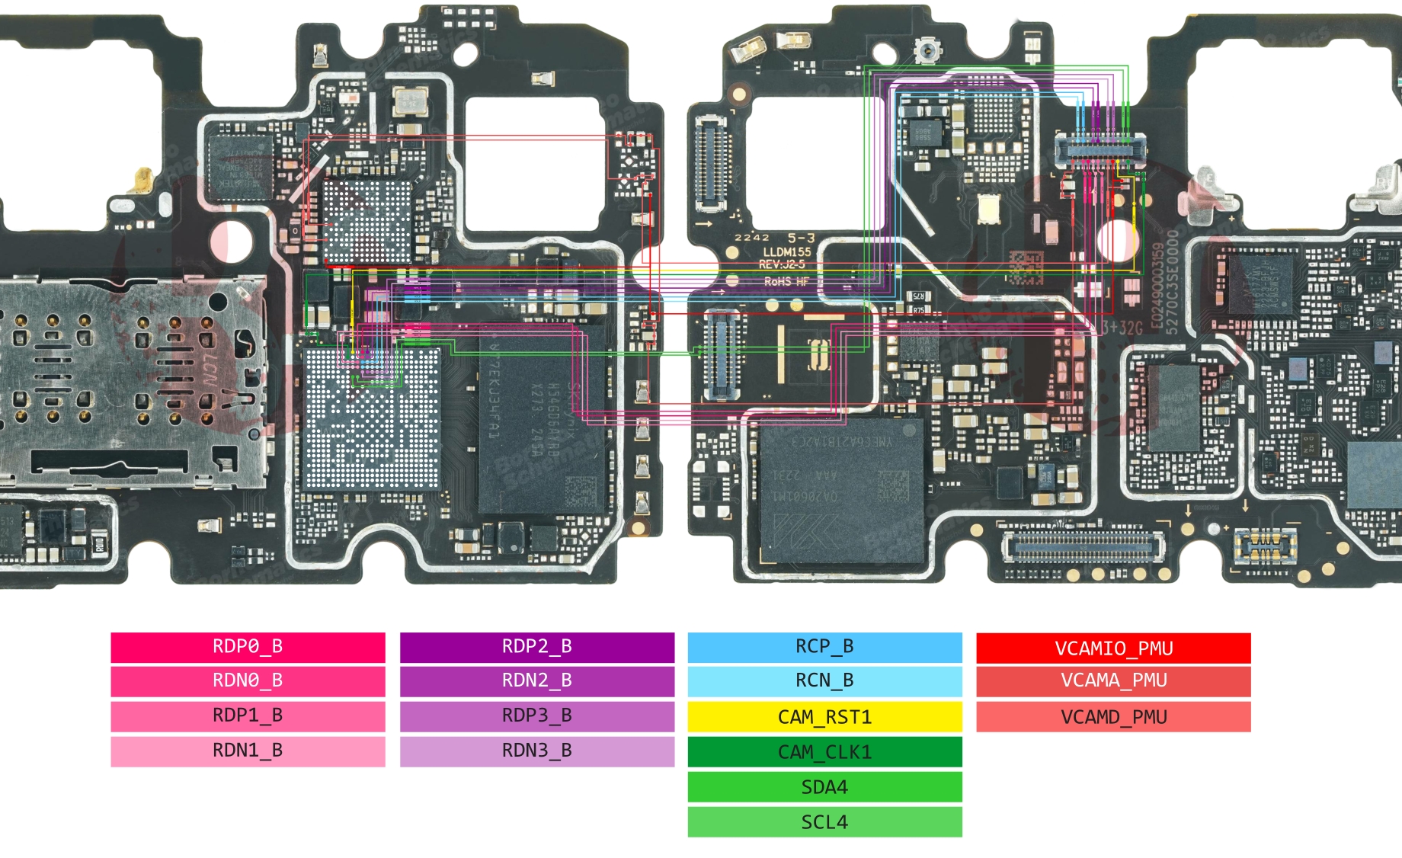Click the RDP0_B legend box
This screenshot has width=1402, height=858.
pyautogui.click(x=248, y=647)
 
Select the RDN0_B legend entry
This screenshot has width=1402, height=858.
pyautogui.click(x=248, y=680)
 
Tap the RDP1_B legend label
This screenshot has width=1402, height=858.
pyautogui.click(x=248, y=716)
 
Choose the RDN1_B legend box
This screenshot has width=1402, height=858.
pyautogui.click(x=248, y=751)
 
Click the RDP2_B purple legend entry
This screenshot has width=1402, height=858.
pyautogui.click(x=536, y=647)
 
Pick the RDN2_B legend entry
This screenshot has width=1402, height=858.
pyautogui.click(x=536, y=680)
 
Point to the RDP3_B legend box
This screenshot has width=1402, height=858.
pyautogui.click(x=536, y=716)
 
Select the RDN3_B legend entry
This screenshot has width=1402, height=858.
pyautogui.click(x=536, y=751)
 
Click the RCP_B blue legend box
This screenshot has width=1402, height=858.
pyautogui.click(x=824, y=647)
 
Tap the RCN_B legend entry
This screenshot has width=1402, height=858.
pyautogui.click(x=824, y=680)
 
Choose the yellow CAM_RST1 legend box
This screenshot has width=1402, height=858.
pyautogui.click(x=824, y=717)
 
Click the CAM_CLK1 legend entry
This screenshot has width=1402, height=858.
pyautogui.click(x=824, y=752)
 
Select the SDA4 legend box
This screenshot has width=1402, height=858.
pyautogui.click(x=824, y=787)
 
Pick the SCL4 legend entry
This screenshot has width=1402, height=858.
pyautogui.click(x=824, y=822)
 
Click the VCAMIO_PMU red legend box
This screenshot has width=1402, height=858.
pyautogui.click(x=1113, y=648)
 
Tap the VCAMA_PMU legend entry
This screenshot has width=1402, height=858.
pyautogui.click(x=1113, y=680)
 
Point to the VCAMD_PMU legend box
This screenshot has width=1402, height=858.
pyautogui.click(x=1113, y=717)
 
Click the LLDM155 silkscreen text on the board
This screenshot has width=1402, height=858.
pyautogui.click(x=787, y=251)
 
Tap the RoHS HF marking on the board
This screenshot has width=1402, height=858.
pyautogui.click(x=786, y=282)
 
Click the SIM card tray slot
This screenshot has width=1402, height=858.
pyautogui.click(x=130, y=381)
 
